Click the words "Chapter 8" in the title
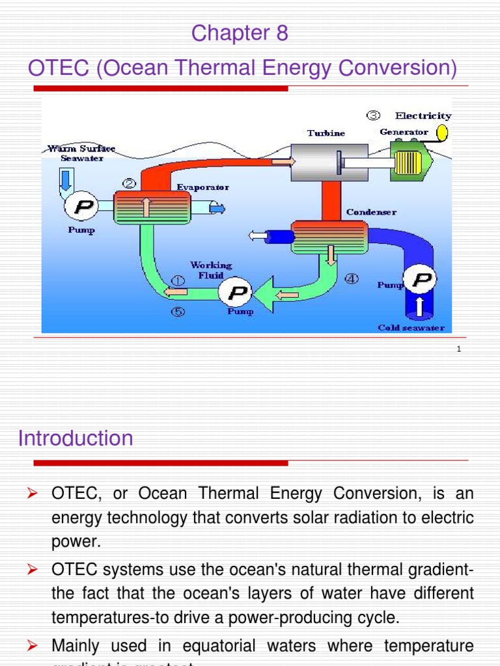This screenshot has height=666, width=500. point(240,33)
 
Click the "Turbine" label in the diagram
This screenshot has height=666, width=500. point(326,133)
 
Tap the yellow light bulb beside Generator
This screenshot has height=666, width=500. point(441,133)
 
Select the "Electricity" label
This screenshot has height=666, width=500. point(423,116)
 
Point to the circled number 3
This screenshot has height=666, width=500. point(373,116)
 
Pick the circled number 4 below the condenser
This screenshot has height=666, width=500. point(351,279)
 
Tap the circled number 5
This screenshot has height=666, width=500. point(178,312)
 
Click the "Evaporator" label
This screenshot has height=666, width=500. point(202,187)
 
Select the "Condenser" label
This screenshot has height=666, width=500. point(371,212)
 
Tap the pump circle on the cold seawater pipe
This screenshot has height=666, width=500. point(421,280)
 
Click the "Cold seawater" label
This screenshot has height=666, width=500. point(411,328)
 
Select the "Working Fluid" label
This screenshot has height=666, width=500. point(210,270)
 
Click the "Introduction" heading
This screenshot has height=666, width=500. point(76,438)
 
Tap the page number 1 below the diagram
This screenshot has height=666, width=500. point(458,349)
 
